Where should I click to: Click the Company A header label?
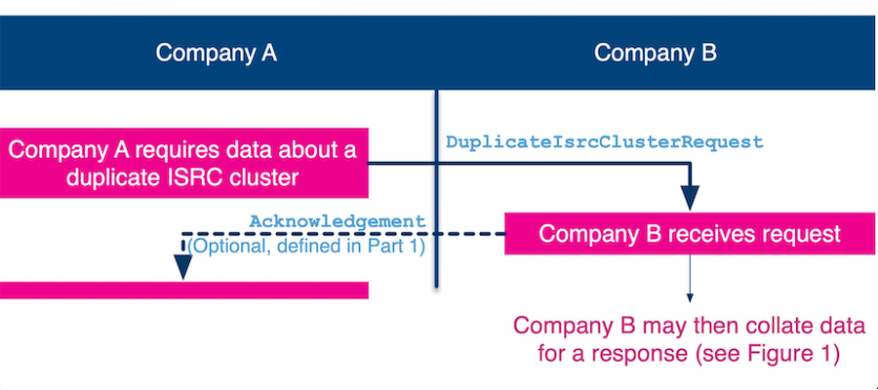point(217,54)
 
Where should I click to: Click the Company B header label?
point(656,54)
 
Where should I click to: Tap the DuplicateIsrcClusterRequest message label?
point(605,142)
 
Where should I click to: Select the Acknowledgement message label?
point(338,221)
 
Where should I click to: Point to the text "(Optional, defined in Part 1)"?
point(306,247)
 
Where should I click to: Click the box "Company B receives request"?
point(690,233)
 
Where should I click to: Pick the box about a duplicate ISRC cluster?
point(183,163)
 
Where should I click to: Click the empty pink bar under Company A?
point(183,290)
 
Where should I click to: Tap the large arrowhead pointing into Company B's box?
point(690,198)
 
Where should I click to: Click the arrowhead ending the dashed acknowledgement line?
point(182,267)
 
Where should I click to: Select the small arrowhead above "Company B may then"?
point(690,297)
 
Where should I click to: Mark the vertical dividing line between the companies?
point(437,188)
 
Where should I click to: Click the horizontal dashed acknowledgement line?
point(343,234)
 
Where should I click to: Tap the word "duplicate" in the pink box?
point(109,177)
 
